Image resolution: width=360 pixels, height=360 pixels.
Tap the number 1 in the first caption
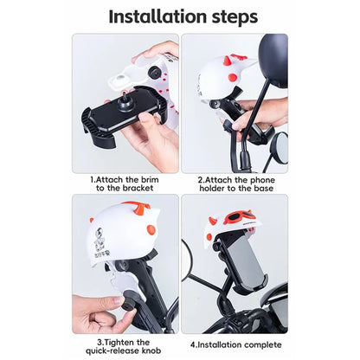click(x=93, y=180)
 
